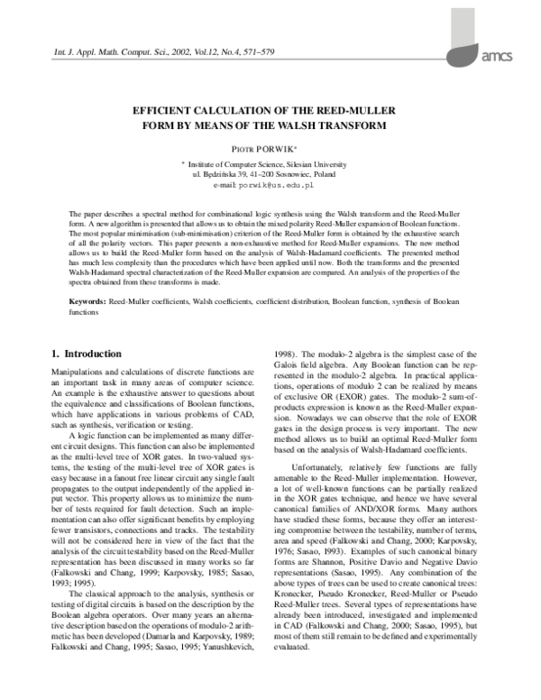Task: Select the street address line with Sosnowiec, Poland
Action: [270, 174]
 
